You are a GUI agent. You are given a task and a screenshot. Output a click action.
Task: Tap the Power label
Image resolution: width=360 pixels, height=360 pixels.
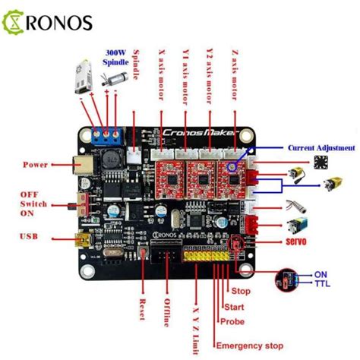point(36,163)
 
